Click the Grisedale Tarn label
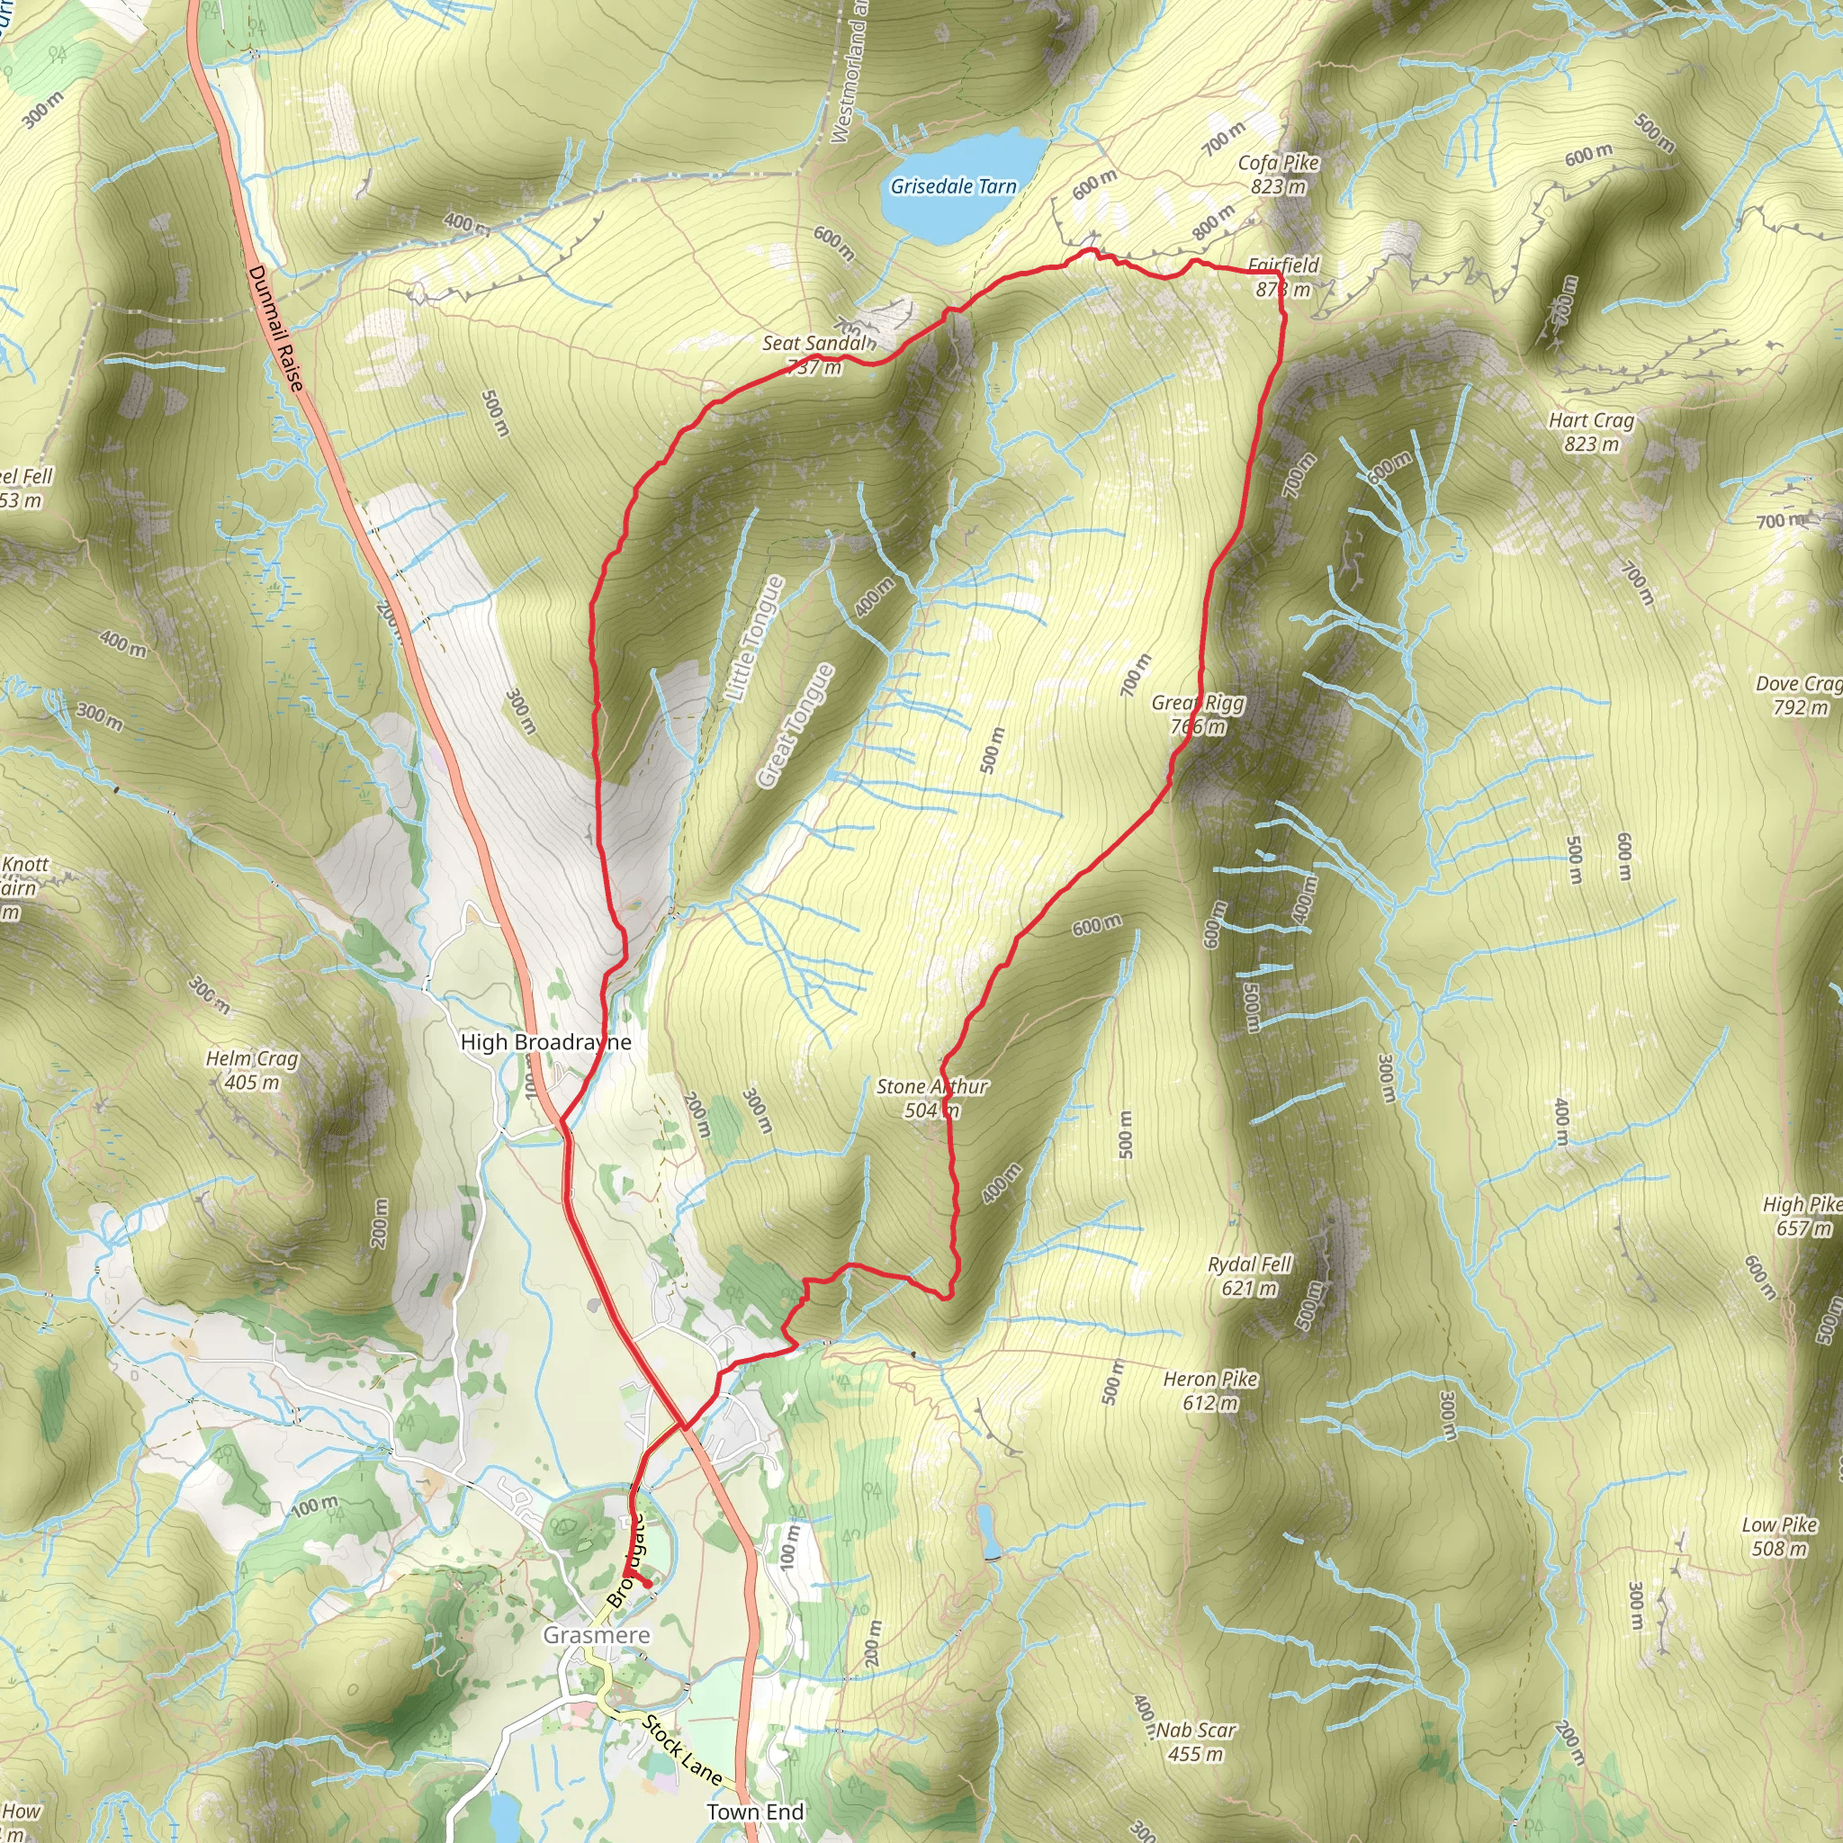[953, 187]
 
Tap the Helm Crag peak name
[252, 1059]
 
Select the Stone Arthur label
[932, 1086]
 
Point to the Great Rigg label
[1198, 703]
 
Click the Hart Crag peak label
[1591, 420]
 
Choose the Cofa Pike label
[1278, 163]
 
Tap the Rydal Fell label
[1250, 1265]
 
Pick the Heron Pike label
[1210, 1380]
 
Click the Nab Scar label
[1196, 1731]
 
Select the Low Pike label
[1779, 1525]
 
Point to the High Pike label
[1802, 1205]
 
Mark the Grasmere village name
[597, 1635]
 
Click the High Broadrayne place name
[545, 1042]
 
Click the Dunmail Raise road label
[275, 328]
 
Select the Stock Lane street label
[681, 1749]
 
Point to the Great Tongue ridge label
[796, 726]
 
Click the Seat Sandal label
[817, 344]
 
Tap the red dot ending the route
[647, 1584]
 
